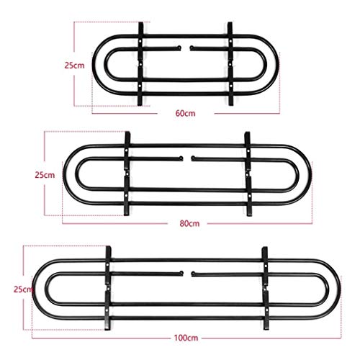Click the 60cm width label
click(x=185, y=113)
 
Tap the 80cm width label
click(x=189, y=224)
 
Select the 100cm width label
click(x=186, y=338)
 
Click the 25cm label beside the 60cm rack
click(x=74, y=66)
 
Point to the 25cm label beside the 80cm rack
click(x=45, y=175)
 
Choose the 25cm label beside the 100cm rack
click(x=23, y=289)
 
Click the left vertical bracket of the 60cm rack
click(x=140, y=64)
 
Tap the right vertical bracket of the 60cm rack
click(x=230, y=64)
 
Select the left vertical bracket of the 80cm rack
click(x=127, y=174)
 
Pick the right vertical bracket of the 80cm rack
click(x=248, y=174)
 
